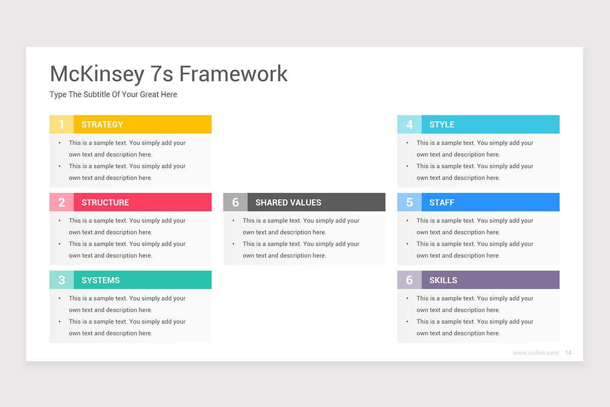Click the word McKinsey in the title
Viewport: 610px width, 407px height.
point(97,74)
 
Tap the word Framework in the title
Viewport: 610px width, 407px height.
point(233,74)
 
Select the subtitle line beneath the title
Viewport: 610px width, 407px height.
point(113,95)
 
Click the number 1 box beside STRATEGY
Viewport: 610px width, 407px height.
point(62,125)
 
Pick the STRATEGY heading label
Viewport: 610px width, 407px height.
point(102,125)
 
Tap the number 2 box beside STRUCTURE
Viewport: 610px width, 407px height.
point(62,202)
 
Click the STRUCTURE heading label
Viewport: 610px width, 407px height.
point(105,202)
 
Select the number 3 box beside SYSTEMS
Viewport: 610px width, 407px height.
point(62,280)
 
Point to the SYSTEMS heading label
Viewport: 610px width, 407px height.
point(101,280)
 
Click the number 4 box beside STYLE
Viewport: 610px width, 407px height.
point(409,125)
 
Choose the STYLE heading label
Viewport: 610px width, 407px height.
point(442,125)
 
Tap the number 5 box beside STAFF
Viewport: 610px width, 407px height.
point(409,202)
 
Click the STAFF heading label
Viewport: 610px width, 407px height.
point(442,202)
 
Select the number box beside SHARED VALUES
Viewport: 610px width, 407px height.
point(235,202)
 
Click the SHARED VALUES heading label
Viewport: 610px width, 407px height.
point(288,202)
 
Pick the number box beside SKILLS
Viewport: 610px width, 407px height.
point(409,280)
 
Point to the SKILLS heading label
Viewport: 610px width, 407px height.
point(443,280)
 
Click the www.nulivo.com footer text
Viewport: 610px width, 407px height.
point(536,353)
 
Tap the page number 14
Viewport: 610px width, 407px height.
point(568,353)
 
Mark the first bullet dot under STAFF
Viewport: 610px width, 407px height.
point(407,221)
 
